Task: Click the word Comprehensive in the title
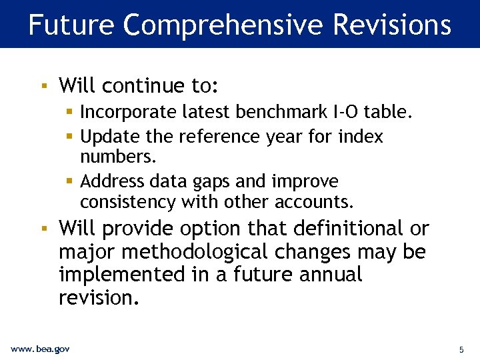pyautogui.click(x=223, y=25)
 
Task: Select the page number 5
pyautogui.click(x=461, y=349)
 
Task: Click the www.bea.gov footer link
pyautogui.click(x=40, y=349)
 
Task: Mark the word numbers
pyautogui.click(x=117, y=157)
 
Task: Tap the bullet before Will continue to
pyautogui.click(x=43, y=86)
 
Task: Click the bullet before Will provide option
pyautogui.click(x=43, y=229)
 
